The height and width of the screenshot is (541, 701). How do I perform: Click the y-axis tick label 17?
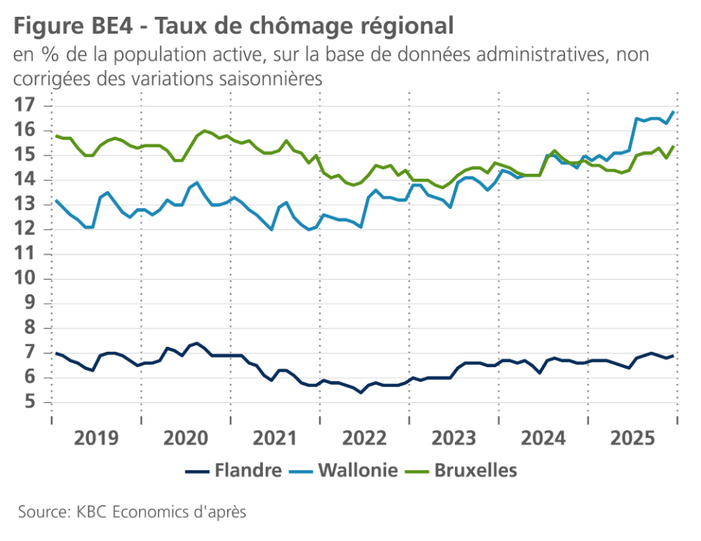pos(25,105)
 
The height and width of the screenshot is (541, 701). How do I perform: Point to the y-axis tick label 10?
pos(25,279)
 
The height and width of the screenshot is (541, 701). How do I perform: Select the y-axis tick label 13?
pos(25,204)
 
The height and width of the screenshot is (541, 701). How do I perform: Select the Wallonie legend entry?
pos(345,470)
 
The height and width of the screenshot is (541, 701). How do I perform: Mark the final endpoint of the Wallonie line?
pos(673,112)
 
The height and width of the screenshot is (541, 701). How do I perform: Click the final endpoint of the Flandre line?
pos(673,356)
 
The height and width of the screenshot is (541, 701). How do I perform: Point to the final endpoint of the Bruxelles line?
pos(673,146)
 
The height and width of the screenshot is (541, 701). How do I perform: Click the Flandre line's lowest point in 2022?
pos(361,392)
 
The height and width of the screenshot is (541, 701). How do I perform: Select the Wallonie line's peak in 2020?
pos(197,183)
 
